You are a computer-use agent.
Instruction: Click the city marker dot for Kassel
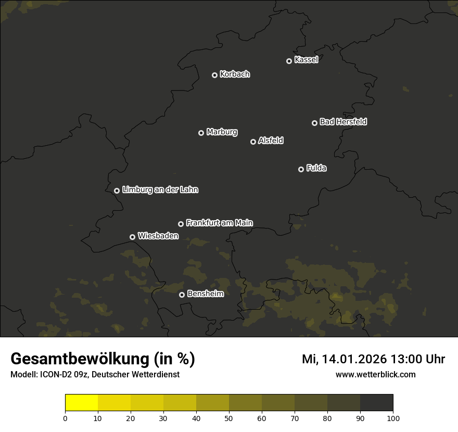click(x=289, y=61)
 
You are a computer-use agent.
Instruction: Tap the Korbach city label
click(x=235, y=74)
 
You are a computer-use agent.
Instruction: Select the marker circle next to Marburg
click(x=201, y=133)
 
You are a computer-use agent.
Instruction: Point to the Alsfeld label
click(x=271, y=141)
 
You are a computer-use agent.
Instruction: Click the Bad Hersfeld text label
click(x=343, y=122)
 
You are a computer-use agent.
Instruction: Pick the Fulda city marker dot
click(x=301, y=169)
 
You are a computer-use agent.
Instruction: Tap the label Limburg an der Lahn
click(x=160, y=190)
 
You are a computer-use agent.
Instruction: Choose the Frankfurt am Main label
click(x=219, y=223)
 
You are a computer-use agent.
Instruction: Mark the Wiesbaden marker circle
click(x=132, y=237)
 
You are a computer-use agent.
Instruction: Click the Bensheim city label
click(x=205, y=294)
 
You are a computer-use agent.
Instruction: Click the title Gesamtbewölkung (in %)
click(x=103, y=359)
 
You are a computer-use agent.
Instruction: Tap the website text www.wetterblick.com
click(x=375, y=374)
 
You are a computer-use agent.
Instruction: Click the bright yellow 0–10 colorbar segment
click(x=82, y=403)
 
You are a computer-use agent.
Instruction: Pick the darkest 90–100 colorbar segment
click(x=376, y=403)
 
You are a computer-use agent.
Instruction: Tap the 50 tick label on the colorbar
click(x=229, y=418)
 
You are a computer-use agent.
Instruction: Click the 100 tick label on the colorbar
click(x=393, y=418)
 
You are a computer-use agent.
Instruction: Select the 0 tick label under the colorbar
click(x=65, y=418)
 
